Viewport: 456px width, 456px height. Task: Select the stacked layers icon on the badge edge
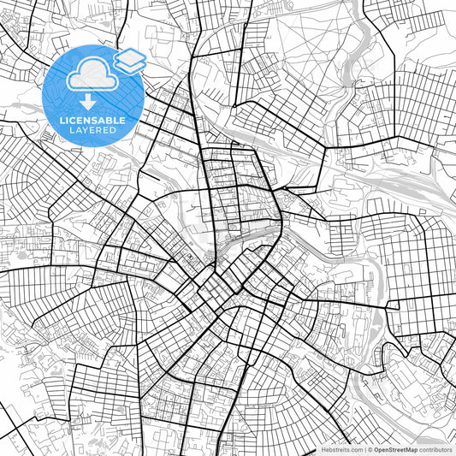(131, 60)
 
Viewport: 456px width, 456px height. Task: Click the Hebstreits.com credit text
(341, 449)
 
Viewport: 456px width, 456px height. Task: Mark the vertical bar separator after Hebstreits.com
(364, 449)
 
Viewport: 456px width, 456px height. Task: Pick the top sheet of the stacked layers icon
(131, 56)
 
